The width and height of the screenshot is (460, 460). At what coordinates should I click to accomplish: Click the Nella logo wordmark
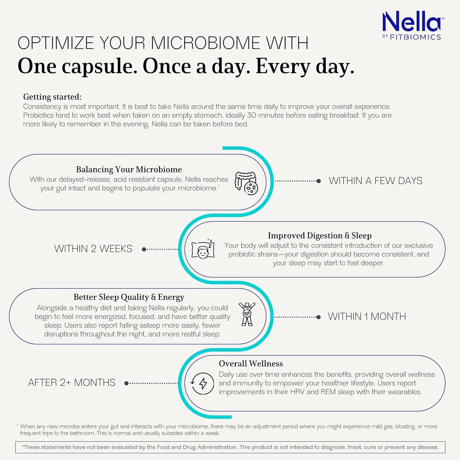tap(411, 22)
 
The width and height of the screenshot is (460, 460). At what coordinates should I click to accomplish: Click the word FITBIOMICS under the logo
tap(415, 37)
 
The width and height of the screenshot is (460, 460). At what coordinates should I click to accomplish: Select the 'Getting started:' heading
tap(52, 97)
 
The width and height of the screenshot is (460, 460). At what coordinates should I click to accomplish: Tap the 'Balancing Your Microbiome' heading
tap(129, 169)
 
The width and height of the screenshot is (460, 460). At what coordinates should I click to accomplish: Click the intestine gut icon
tap(246, 183)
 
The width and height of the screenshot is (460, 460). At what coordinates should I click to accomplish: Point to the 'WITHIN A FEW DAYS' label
tap(375, 181)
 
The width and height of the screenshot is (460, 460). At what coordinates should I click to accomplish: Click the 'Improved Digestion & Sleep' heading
tap(320, 236)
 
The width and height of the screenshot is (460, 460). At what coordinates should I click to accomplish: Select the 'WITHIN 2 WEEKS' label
tap(93, 249)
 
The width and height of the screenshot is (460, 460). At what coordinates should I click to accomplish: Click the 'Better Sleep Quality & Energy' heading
tap(129, 297)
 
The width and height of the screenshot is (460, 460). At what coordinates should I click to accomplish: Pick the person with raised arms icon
tap(247, 314)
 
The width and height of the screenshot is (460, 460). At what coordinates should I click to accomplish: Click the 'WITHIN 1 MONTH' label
tap(367, 316)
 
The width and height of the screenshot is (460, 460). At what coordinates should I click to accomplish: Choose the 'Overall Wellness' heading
tap(251, 364)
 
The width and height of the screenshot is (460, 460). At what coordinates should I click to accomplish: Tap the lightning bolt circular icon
tap(202, 383)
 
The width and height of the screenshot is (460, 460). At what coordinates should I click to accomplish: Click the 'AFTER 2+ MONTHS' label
tap(72, 383)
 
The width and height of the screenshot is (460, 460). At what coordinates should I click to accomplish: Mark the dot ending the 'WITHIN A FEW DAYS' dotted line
tap(319, 181)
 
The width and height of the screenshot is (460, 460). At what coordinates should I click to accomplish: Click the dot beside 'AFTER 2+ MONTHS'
tap(126, 383)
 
